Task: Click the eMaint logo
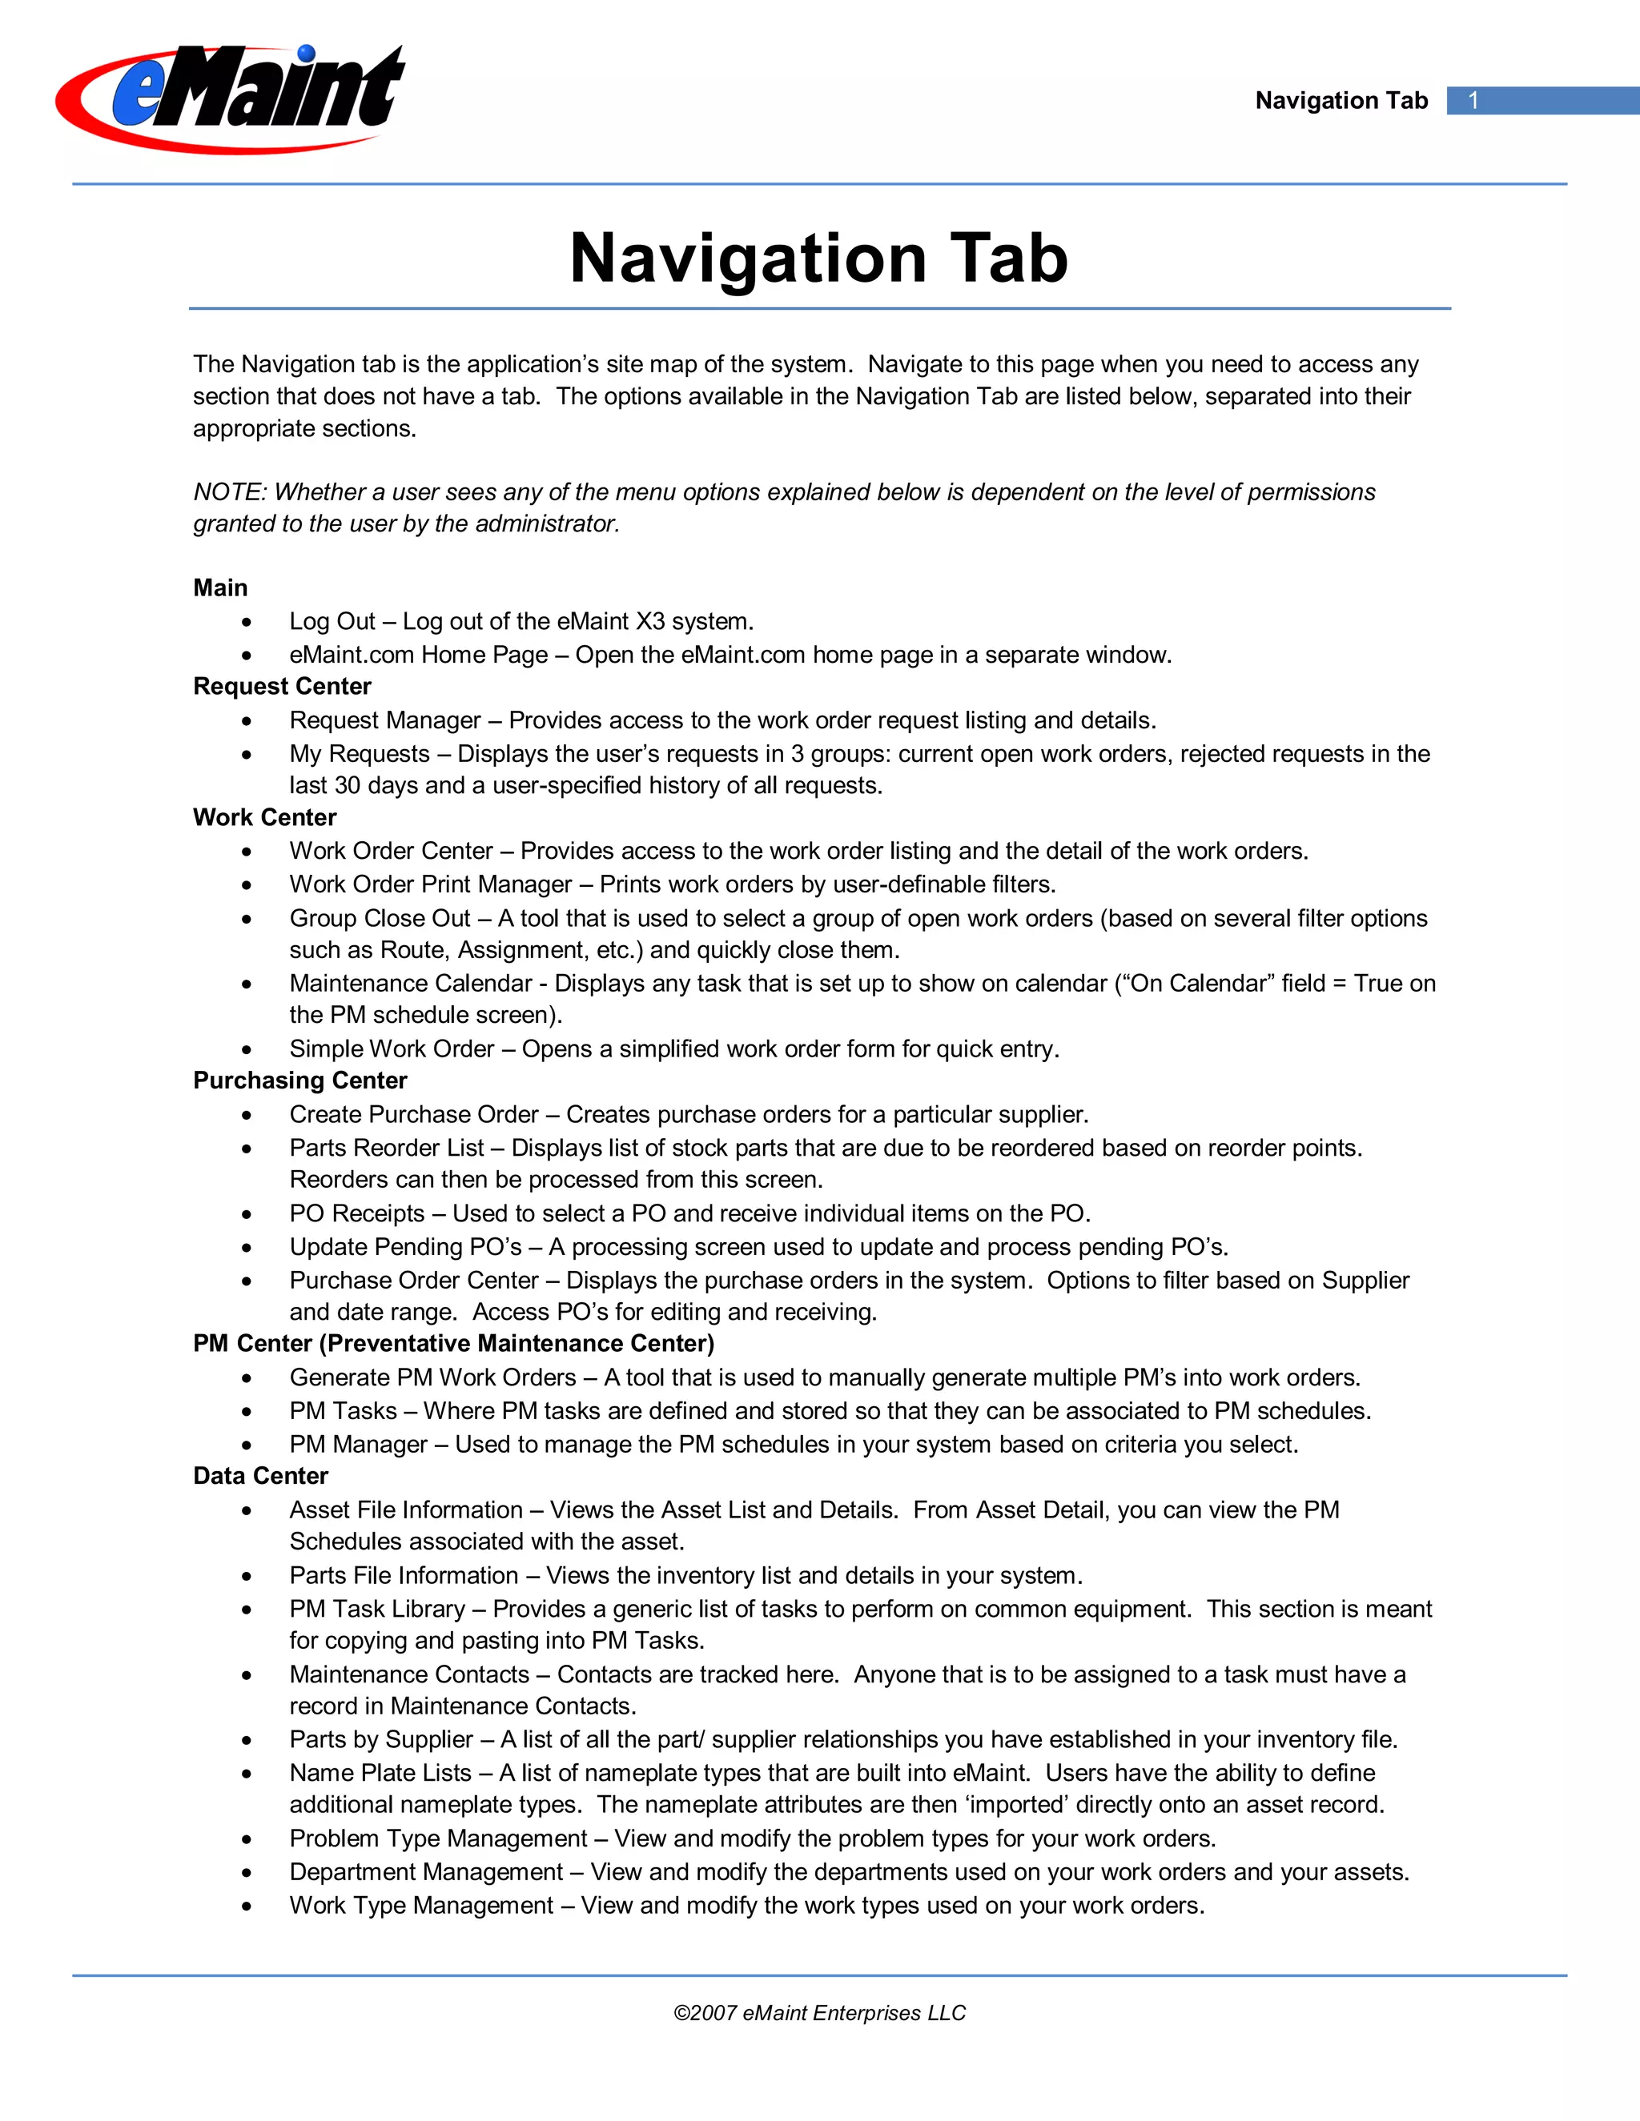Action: tap(231, 97)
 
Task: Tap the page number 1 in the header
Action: tap(1473, 101)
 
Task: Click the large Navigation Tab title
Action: tap(819, 259)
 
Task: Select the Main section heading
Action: tap(220, 587)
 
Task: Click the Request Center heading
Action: tap(282, 687)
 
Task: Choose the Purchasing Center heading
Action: tap(300, 1081)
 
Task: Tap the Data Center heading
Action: tap(260, 1476)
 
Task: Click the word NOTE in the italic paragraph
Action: tap(227, 492)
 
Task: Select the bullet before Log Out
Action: tap(247, 623)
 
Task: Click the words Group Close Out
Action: tap(379, 919)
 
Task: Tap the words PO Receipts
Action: tap(356, 1214)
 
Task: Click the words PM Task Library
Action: tap(377, 1610)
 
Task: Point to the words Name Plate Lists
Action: tap(380, 1774)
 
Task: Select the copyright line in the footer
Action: tap(819, 2013)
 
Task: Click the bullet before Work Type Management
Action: tap(247, 1906)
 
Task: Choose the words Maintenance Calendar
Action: tap(410, 984)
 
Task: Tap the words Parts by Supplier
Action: tap(381, 1740)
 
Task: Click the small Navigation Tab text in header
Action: tap(1341, 101)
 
